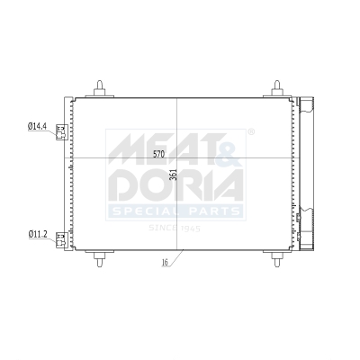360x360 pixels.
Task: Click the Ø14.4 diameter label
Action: [x=38, y=127]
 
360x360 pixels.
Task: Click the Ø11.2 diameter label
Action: [x=38, y=235]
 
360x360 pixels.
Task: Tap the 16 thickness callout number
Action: [x=165, y=263]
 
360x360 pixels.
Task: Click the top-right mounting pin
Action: [x=276, y=86]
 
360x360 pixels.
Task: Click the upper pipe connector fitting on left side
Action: [x=61, y=131]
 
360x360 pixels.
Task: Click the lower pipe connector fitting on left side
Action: [x=61, y=239]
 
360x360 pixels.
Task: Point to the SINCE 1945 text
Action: [x=175, y=227]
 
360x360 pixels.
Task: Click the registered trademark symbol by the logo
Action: [x=250, y=132]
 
